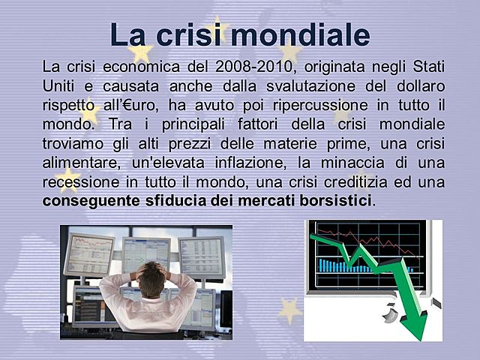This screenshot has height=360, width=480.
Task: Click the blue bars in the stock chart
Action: (345, 266)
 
